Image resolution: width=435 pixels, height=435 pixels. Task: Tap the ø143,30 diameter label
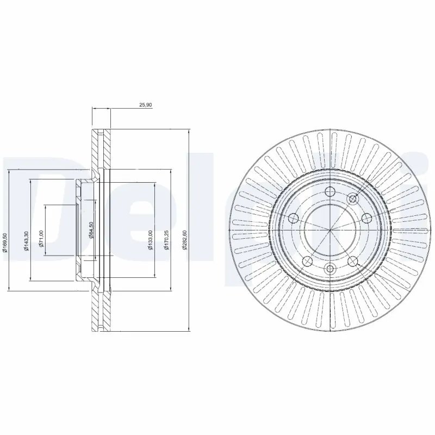click(25, 241)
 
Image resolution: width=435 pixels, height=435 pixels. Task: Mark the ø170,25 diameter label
click(166, 240)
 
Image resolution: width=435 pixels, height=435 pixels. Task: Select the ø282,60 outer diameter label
click(185, 239)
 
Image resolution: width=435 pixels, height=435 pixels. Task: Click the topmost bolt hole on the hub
click(330, 191)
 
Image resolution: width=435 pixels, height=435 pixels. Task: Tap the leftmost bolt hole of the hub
click(294, 219)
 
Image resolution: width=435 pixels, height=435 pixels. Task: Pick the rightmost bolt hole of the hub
click(365, 219)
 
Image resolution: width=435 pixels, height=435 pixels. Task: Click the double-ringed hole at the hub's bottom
click(330, 268)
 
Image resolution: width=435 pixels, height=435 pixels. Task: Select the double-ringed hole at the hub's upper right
click(351, 200)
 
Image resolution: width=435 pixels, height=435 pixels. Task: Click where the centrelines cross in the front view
click(330, 229)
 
